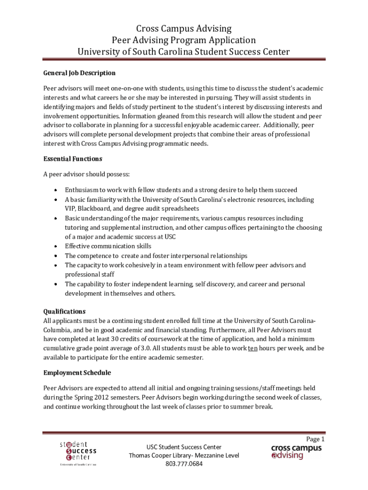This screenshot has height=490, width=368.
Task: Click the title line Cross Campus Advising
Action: pos(184,29)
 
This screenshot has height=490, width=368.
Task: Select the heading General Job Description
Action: pos(79,73)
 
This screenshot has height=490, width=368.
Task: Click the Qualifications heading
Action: pos(65,311)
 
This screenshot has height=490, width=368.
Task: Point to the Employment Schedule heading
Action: pos(77,373)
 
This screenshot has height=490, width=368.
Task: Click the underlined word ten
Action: pos(253,348)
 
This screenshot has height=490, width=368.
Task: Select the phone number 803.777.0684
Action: pos(184,464)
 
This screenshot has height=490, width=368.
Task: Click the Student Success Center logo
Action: pos(78,452)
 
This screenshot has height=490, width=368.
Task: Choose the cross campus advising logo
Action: pos(296,452)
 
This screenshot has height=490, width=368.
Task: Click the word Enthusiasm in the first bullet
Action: pos(82,190)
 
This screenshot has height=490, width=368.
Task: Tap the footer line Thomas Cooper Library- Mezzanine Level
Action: pos(184,456)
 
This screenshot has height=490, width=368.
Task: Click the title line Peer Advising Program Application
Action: pos(184,40)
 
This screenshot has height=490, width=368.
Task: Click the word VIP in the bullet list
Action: pos(70,209)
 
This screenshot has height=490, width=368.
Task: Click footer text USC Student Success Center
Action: pos(184,447)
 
